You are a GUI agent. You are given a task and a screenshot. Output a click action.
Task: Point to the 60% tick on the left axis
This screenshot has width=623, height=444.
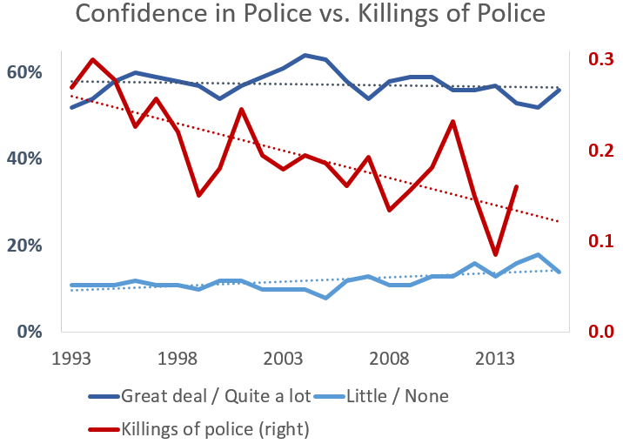pyautogui.click(x=24, y=71)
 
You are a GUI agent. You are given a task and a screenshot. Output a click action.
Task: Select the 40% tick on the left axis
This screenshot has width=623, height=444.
pyautogui.click(x=24, y=158)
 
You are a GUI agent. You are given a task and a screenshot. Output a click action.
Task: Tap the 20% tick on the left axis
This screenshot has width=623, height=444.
pyautogui.click(x=24, y=246)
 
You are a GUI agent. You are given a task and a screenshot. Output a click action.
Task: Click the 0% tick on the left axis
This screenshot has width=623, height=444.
pyautogui.click(x=29, y=332)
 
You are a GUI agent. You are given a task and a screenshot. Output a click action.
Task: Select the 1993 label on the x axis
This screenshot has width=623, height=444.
pyautogui.click(x=72, y=358)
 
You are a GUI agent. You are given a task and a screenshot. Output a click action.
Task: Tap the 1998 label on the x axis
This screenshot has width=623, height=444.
pyautogui.click(x=178, y=358)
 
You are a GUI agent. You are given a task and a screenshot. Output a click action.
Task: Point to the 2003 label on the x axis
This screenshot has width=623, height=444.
pyautogui.click(x=284, y=358)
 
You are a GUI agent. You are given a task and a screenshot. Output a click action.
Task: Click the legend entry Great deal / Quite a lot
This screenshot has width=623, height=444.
pyautogui.click(x=213, y=396)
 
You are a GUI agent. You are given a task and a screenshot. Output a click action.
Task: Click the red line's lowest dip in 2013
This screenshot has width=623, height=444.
pyautogui.click(x=496, y=254)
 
